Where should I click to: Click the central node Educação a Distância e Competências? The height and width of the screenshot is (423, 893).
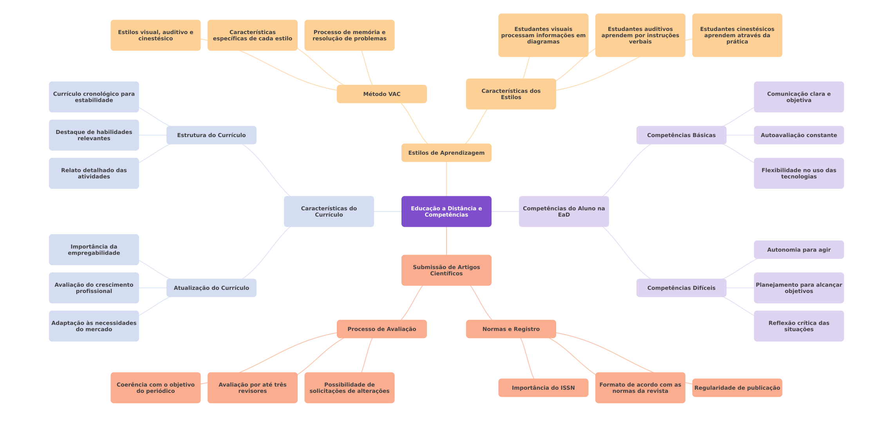click(446, 211)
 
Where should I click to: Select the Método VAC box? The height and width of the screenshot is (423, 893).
click(381, 94)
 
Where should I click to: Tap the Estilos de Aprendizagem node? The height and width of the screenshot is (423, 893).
click(446, 153)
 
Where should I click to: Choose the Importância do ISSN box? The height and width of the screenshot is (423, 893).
click(543, 388)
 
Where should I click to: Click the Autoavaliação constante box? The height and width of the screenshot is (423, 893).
click(799, 135)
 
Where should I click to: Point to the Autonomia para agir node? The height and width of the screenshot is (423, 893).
click(799, 250)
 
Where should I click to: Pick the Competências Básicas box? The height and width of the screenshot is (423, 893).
click(681, 135)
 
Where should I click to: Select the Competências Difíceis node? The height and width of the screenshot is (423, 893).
click(681, 288)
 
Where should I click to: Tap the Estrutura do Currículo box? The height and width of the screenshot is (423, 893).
click(211, 135)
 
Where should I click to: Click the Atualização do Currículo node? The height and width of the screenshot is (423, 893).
click(211, 288)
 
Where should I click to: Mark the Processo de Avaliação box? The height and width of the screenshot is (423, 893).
click(381, 329)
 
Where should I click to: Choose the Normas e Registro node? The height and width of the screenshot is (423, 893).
click(511, 329)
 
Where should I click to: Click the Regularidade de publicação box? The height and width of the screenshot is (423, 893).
click(737, 388)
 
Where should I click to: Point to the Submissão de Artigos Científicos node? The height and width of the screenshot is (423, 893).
click(446, 270)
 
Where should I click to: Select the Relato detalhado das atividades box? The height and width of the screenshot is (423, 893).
click(94, 174)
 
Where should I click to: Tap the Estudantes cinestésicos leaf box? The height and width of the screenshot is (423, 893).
click(737, 35)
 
